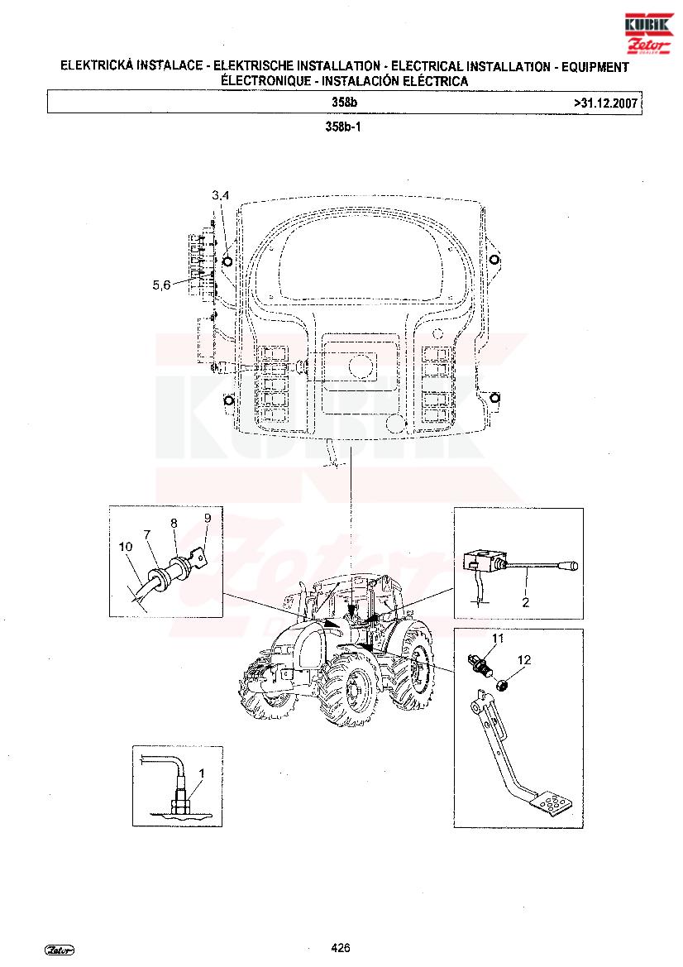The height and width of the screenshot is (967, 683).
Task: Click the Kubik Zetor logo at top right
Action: [x=649, y=33]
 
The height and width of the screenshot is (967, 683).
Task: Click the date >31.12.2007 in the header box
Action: [x=605, y=103]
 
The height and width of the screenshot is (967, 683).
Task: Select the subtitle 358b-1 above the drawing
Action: [x=342, y=127]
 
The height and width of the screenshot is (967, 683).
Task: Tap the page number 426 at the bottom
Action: [x=341, y=948]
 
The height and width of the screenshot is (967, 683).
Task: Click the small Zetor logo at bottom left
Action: [x=60, y=950]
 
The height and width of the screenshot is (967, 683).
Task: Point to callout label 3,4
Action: [x=220, y=195]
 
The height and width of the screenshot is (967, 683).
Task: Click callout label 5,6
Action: [x=161, y=285]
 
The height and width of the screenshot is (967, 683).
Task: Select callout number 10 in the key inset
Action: [x=125, y=547]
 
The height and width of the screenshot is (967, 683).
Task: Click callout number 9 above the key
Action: [x=208, y=518]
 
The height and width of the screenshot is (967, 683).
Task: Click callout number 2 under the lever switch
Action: [x=525, y=602]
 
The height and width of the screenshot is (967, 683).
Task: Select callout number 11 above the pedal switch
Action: [x=498, y=638]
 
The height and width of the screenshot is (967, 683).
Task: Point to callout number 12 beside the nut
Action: [x=523, y=660]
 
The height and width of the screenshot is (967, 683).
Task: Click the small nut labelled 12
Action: [x=503, y=683]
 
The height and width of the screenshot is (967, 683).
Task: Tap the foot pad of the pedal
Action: [x=552, y=804]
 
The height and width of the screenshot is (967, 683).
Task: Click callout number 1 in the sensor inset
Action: [x=201, y=773]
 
